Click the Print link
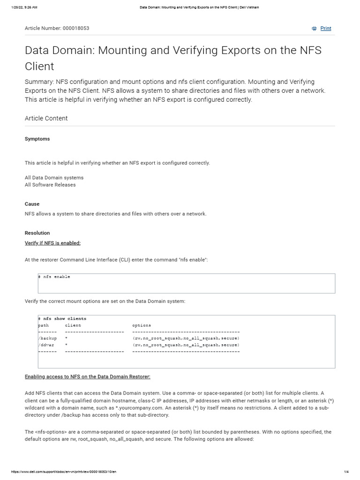[325, 29]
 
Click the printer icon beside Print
[314, 29]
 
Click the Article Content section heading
[46, 119]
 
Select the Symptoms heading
[37, 139]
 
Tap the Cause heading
[32, 204]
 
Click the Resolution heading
[37, 233]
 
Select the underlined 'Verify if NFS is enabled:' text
[52, 243]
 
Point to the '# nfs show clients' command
[62, 319]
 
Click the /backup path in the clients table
[47, 338]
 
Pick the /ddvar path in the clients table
[46, 345]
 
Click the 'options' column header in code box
[142, 325]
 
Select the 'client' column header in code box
[73, 325]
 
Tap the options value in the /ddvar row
[186, 345]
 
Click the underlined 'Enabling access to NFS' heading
[87, 377]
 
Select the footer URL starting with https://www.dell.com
[63, 472]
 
